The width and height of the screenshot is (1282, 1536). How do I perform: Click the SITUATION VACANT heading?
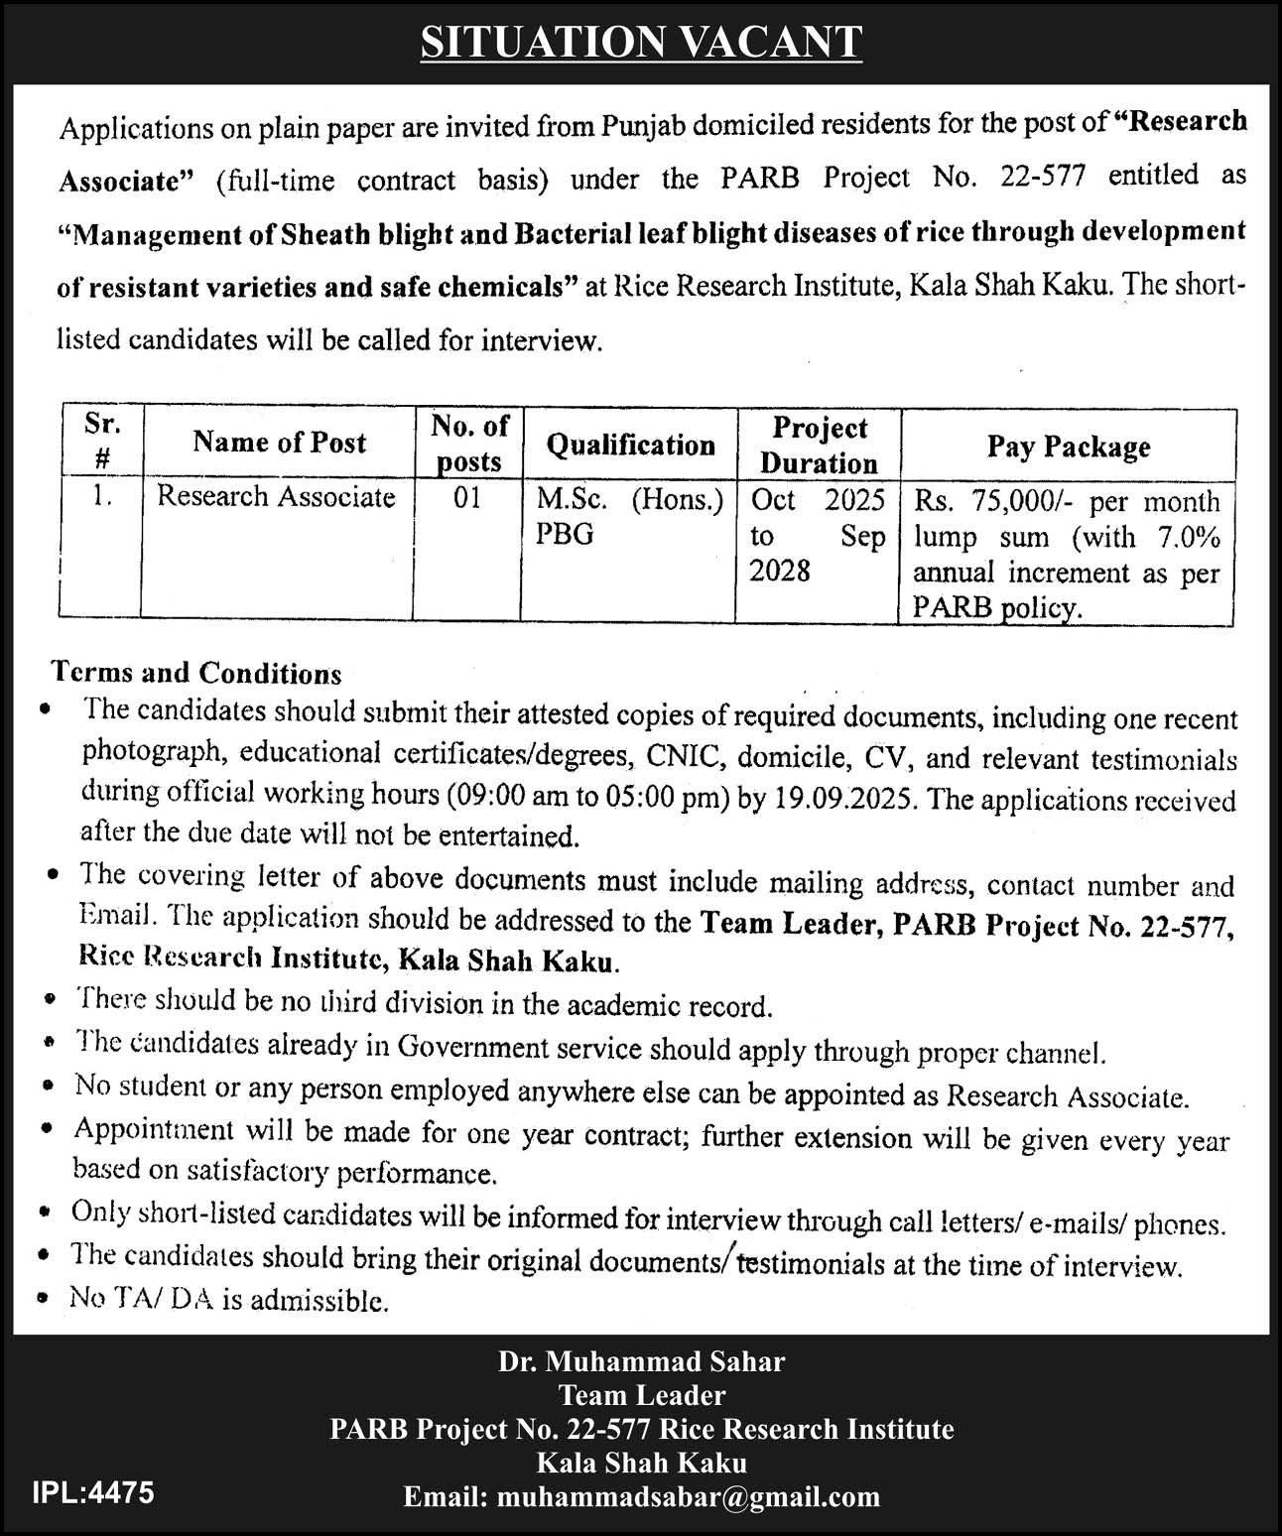tap(641, 43)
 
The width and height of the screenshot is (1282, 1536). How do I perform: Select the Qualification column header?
tap(630, 445)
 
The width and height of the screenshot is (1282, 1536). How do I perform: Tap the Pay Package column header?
tap(1068, 447)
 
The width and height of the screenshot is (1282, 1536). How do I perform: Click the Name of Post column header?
tap(280, 443)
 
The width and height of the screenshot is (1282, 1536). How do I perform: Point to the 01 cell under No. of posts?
tap(467, 497)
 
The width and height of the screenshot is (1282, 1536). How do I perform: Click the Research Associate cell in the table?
tap(276, 496)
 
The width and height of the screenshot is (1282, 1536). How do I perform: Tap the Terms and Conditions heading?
tap(196, 674)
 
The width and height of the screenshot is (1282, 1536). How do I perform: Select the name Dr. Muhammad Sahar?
tap(641, 1361)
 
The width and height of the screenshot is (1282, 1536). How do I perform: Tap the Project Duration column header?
tap(819, 446)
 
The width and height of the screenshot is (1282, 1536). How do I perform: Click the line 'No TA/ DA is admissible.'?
tap(228, 1300)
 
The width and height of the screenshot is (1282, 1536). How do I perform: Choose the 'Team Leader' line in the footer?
tap(641, 1395)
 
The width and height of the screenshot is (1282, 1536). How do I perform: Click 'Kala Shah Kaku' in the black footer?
tap(641, 1463)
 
